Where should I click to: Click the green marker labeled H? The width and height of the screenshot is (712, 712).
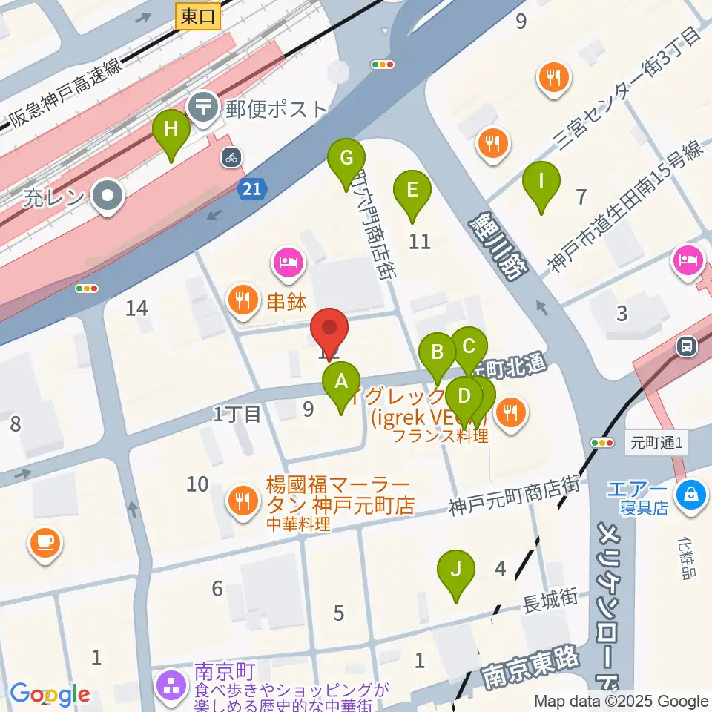click(x=171, y=131)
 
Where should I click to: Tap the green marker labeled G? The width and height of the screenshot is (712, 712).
click(x=346, y=159)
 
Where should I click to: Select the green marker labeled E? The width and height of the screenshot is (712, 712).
click(x=412, y=191)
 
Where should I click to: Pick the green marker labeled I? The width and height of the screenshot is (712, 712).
click(x=541, y=182)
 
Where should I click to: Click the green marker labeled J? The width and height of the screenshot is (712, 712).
click(x=456, y=571)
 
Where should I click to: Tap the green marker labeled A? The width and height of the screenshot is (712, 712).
click(x=341, y=383)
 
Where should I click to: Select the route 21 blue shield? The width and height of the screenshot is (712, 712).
click(x=253, y=189)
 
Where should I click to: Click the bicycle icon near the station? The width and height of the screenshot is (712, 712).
click(x=231, y=157)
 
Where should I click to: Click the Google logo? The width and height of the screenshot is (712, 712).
click(x=50, y=695)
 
